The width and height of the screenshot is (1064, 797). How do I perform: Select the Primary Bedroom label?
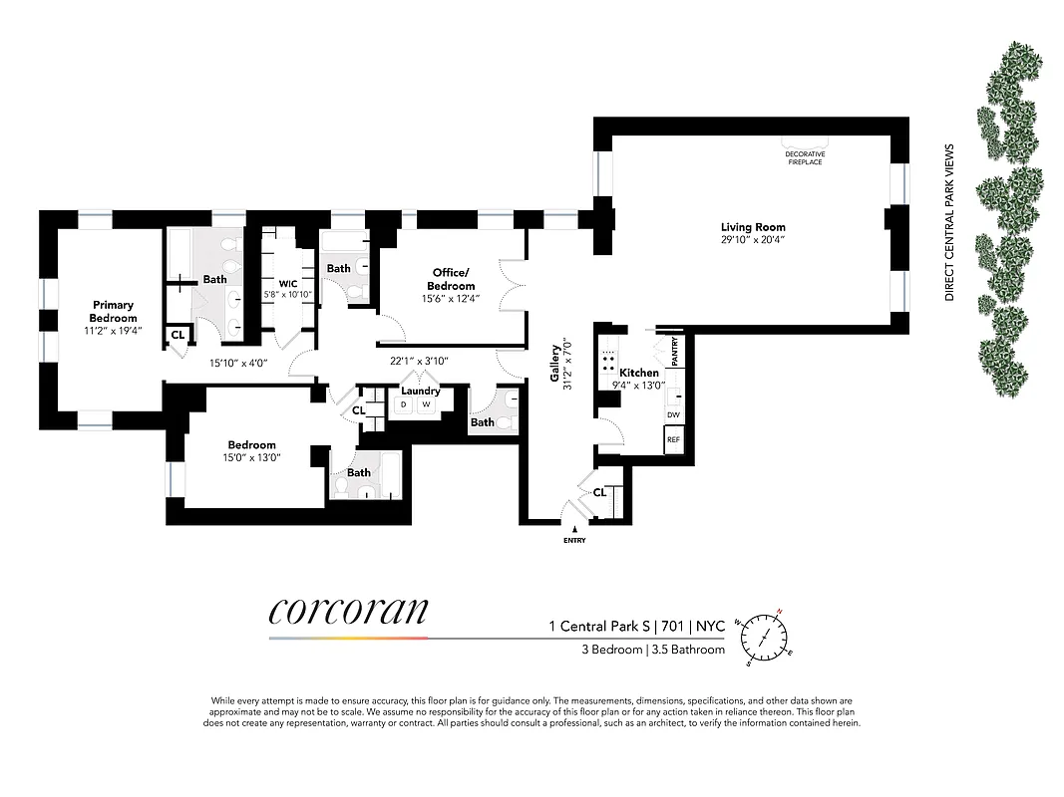click(x=113, y=311)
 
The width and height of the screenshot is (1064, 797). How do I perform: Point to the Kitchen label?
click(x=639, y=373)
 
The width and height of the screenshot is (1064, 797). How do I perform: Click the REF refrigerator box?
click(x=673, y=438)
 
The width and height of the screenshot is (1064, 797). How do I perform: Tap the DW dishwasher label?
click(x=673, y=414)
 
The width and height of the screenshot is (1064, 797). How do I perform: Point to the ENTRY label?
click(x=574, y=541)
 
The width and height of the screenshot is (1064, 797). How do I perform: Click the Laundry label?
click(x=421, y=391)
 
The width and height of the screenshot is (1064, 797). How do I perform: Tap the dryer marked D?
click(x=404, y=404)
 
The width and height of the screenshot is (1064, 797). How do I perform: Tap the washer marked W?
click(x=426, y=404)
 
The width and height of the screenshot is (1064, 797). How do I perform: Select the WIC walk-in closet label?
click(x=287, y=283)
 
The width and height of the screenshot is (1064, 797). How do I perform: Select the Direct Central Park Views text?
click(x=949, y=222)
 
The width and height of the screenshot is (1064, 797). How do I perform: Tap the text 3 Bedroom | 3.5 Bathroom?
click(x=653, y=650)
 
